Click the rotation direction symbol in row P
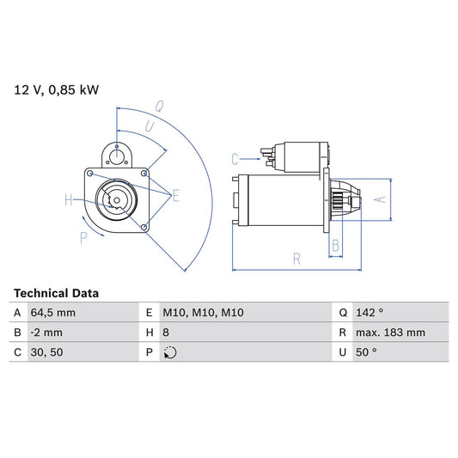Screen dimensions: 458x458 click(x=170, y=351)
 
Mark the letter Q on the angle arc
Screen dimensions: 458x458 click(x=160, y=107)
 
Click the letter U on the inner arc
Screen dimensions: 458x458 click(x=150, y=126)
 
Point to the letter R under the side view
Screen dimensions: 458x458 click(x=296, y=257)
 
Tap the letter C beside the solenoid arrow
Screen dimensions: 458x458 click(x=235, y=158)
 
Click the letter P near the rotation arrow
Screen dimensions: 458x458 click(x=83, y=238)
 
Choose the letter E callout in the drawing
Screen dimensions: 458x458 click(x=175, y=196)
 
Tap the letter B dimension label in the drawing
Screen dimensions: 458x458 click(x=336, y=246)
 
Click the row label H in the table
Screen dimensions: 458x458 click(x=150, y=333)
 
